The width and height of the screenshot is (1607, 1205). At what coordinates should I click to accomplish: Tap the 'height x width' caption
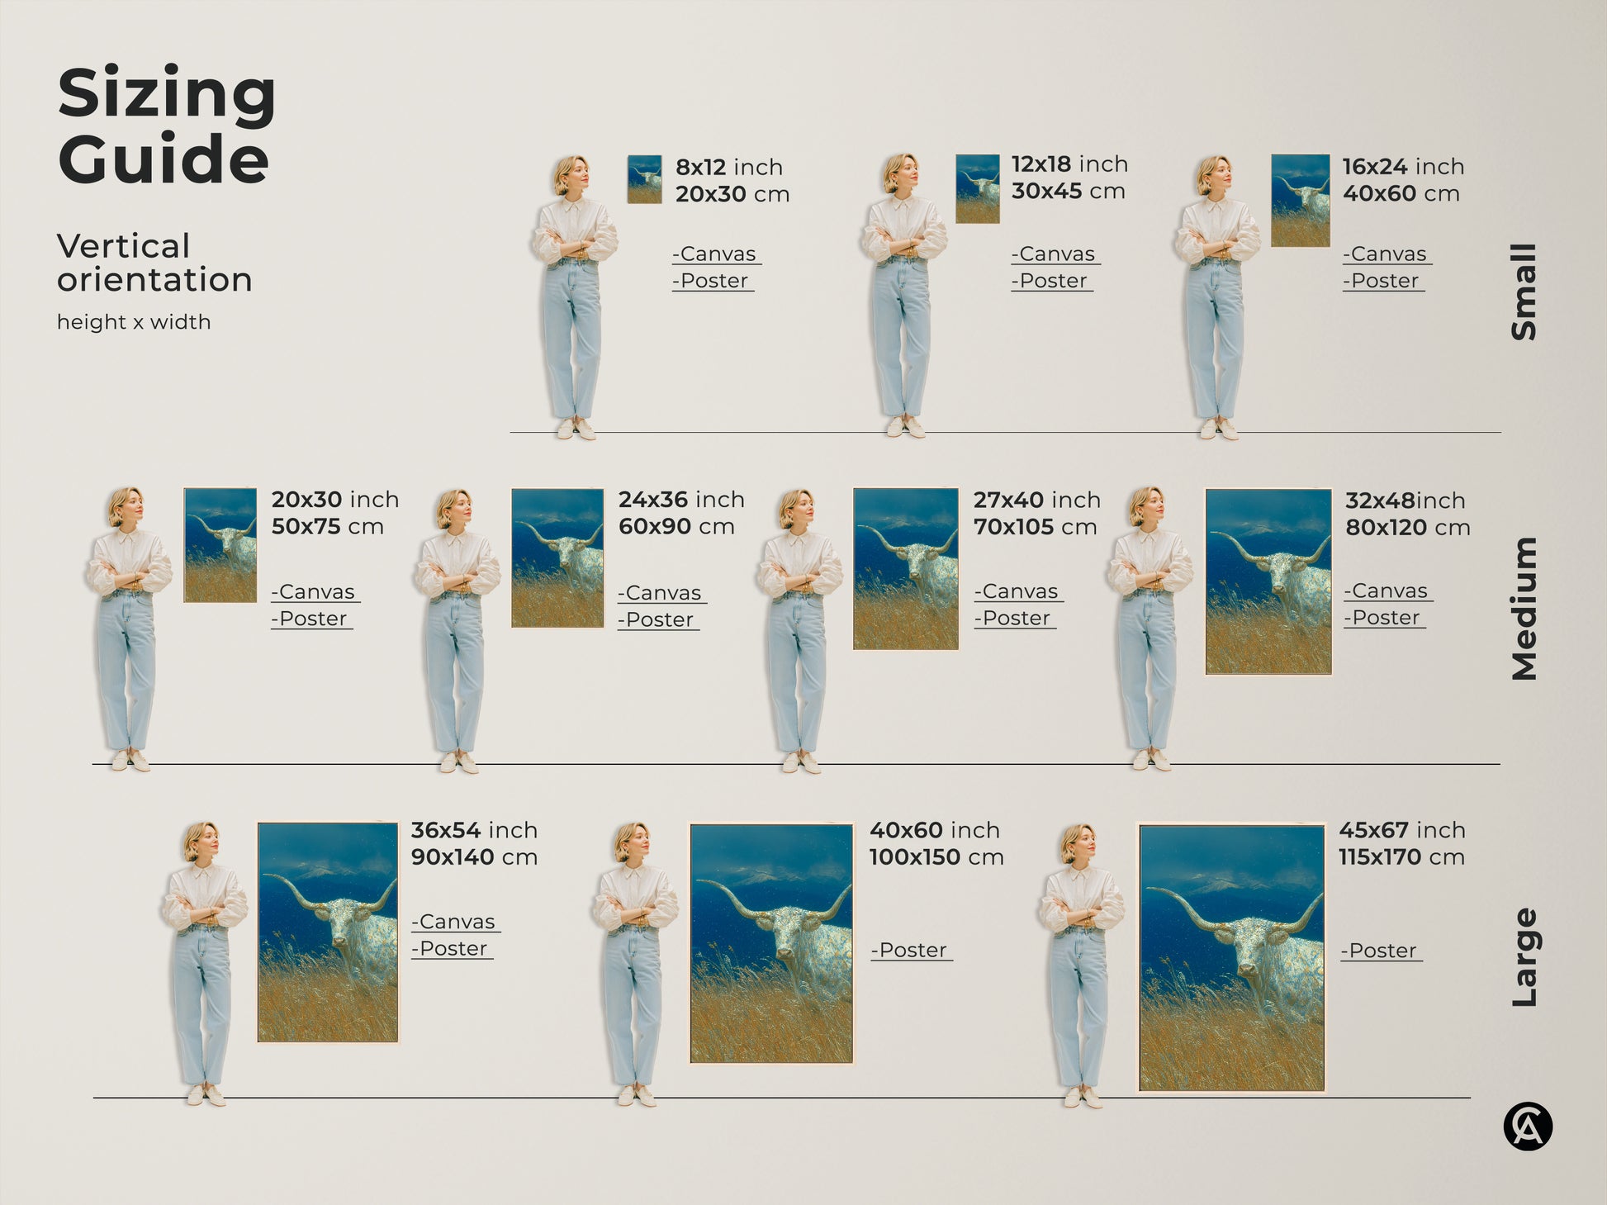[133, 322]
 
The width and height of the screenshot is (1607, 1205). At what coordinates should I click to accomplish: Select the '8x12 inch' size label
[729, 167]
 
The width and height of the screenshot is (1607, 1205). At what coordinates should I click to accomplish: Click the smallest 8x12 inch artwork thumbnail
[644, 179]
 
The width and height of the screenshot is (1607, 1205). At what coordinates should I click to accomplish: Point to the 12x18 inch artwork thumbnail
[977, 188]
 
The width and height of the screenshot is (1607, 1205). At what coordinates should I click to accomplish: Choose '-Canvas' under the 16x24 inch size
[1386, 254]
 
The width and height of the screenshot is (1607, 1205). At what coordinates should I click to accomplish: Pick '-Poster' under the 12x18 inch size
[1050, 281]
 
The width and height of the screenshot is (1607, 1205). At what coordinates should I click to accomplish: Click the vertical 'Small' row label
[1524, 292]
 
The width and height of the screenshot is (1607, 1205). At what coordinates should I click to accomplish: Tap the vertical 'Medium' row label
[1524, 609]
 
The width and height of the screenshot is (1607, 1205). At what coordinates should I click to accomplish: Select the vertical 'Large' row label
[1524, 957]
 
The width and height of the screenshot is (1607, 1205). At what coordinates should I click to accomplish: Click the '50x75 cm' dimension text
[327, 527]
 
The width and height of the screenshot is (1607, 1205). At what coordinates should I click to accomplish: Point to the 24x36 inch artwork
[557, 558]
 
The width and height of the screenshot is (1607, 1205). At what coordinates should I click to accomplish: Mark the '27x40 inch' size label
[1036, 501]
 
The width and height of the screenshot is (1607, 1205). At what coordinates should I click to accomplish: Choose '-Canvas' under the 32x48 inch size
[1387, 591]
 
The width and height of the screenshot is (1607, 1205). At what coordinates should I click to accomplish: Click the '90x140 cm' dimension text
[474, 857]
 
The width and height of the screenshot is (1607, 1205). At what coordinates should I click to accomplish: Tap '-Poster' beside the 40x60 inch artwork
[910, 951]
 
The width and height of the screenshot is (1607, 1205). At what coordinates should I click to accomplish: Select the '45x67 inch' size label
[1401, 830]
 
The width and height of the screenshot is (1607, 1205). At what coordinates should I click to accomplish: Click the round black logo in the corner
[1528, 1127]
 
